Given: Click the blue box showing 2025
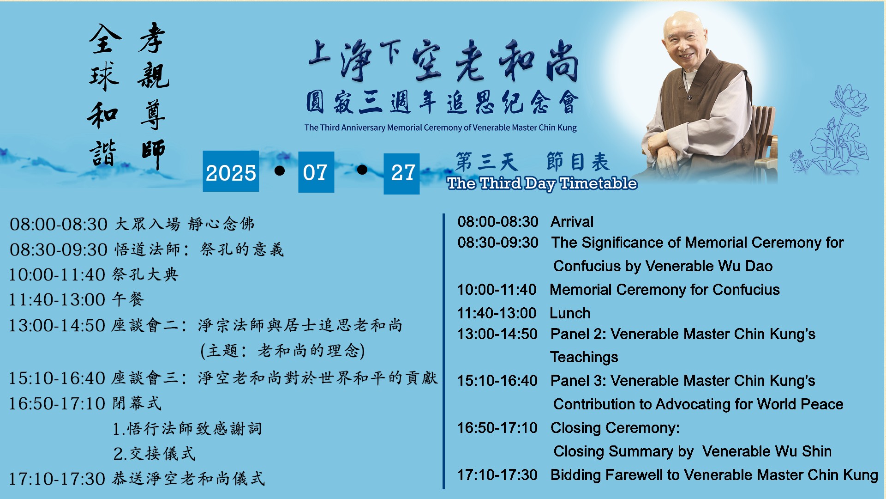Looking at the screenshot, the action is click(x=231, y=171).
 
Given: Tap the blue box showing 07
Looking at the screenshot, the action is click(x=316, y=172).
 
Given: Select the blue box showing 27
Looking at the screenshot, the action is click(x=401, y=174).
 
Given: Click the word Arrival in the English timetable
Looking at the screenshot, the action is click(x=572, y=222).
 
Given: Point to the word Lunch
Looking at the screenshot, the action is click(x=570, y=313).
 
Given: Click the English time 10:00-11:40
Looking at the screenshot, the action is click(x=497, y=290).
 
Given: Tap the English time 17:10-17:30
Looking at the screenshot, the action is click(x=497, y=475).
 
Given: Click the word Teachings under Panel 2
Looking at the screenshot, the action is click(x=584, y=358).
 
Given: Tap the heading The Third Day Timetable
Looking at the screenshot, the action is click(x=542, y=184).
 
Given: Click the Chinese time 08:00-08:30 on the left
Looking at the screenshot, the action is click(x=59, y=225).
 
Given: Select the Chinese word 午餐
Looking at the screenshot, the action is click(x=128, y=299).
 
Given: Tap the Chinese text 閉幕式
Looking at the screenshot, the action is click(x=137, y=403).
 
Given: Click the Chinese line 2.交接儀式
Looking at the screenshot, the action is click(x=154, y=454).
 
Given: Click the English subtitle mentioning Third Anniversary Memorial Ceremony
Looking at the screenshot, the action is click(x=440, y=128).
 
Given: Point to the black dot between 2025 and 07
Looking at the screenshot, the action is click(x=279, y=171).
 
